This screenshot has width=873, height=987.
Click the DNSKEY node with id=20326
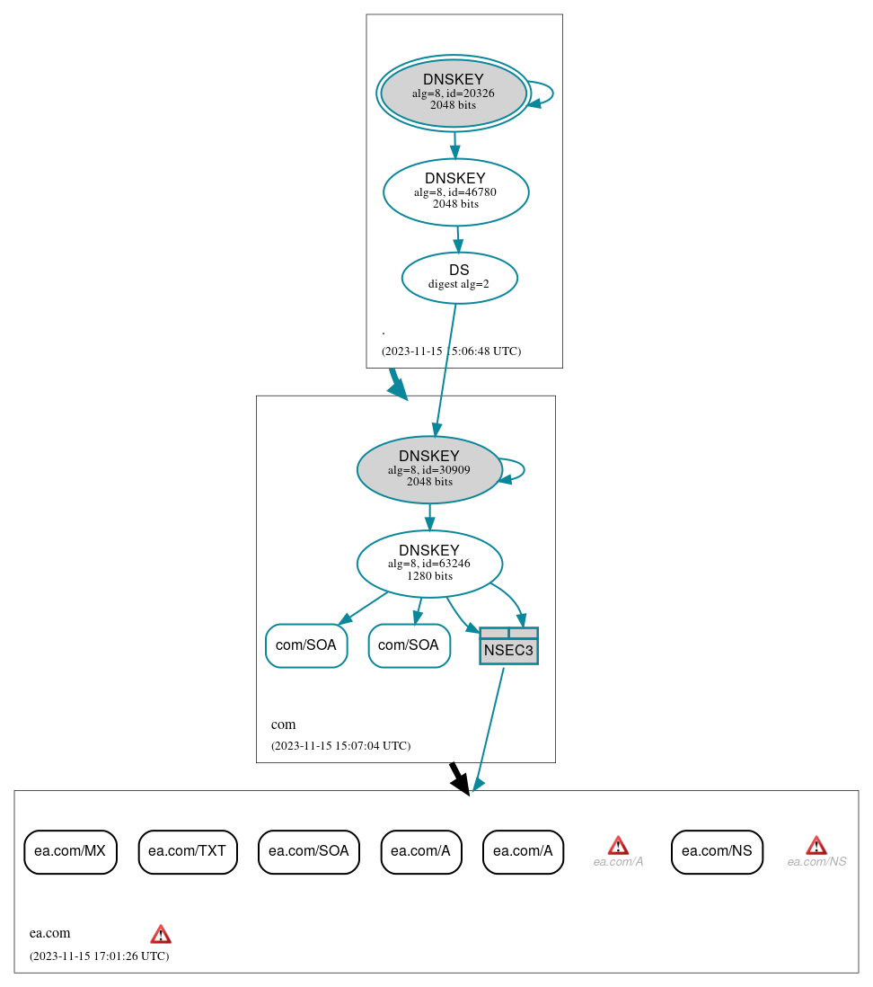click(454, 93)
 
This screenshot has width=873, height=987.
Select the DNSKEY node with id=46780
click(455, 191)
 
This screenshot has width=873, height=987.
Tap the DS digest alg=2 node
click(459, 278)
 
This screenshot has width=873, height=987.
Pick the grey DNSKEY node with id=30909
click(429, 469)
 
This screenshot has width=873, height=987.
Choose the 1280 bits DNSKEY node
click(429, 564)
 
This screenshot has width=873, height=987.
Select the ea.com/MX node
click(70, 851)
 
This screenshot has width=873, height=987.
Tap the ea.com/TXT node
click(188, 851)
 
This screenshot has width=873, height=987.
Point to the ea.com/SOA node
click(308, 851)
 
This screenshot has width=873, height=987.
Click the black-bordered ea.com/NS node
click(717, 851)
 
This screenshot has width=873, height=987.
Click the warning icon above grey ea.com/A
click(618, 845)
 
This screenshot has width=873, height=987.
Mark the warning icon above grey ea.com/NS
click(816, 845)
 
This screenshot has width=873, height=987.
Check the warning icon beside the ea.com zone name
click(161, 934)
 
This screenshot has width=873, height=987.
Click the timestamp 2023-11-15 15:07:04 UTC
click(340, 746)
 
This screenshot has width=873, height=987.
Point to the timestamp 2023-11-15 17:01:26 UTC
click(99, 956)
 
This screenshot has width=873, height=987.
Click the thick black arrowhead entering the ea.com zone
click(460, 782)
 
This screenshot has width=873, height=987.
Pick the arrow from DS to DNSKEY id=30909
click(445, 369)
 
